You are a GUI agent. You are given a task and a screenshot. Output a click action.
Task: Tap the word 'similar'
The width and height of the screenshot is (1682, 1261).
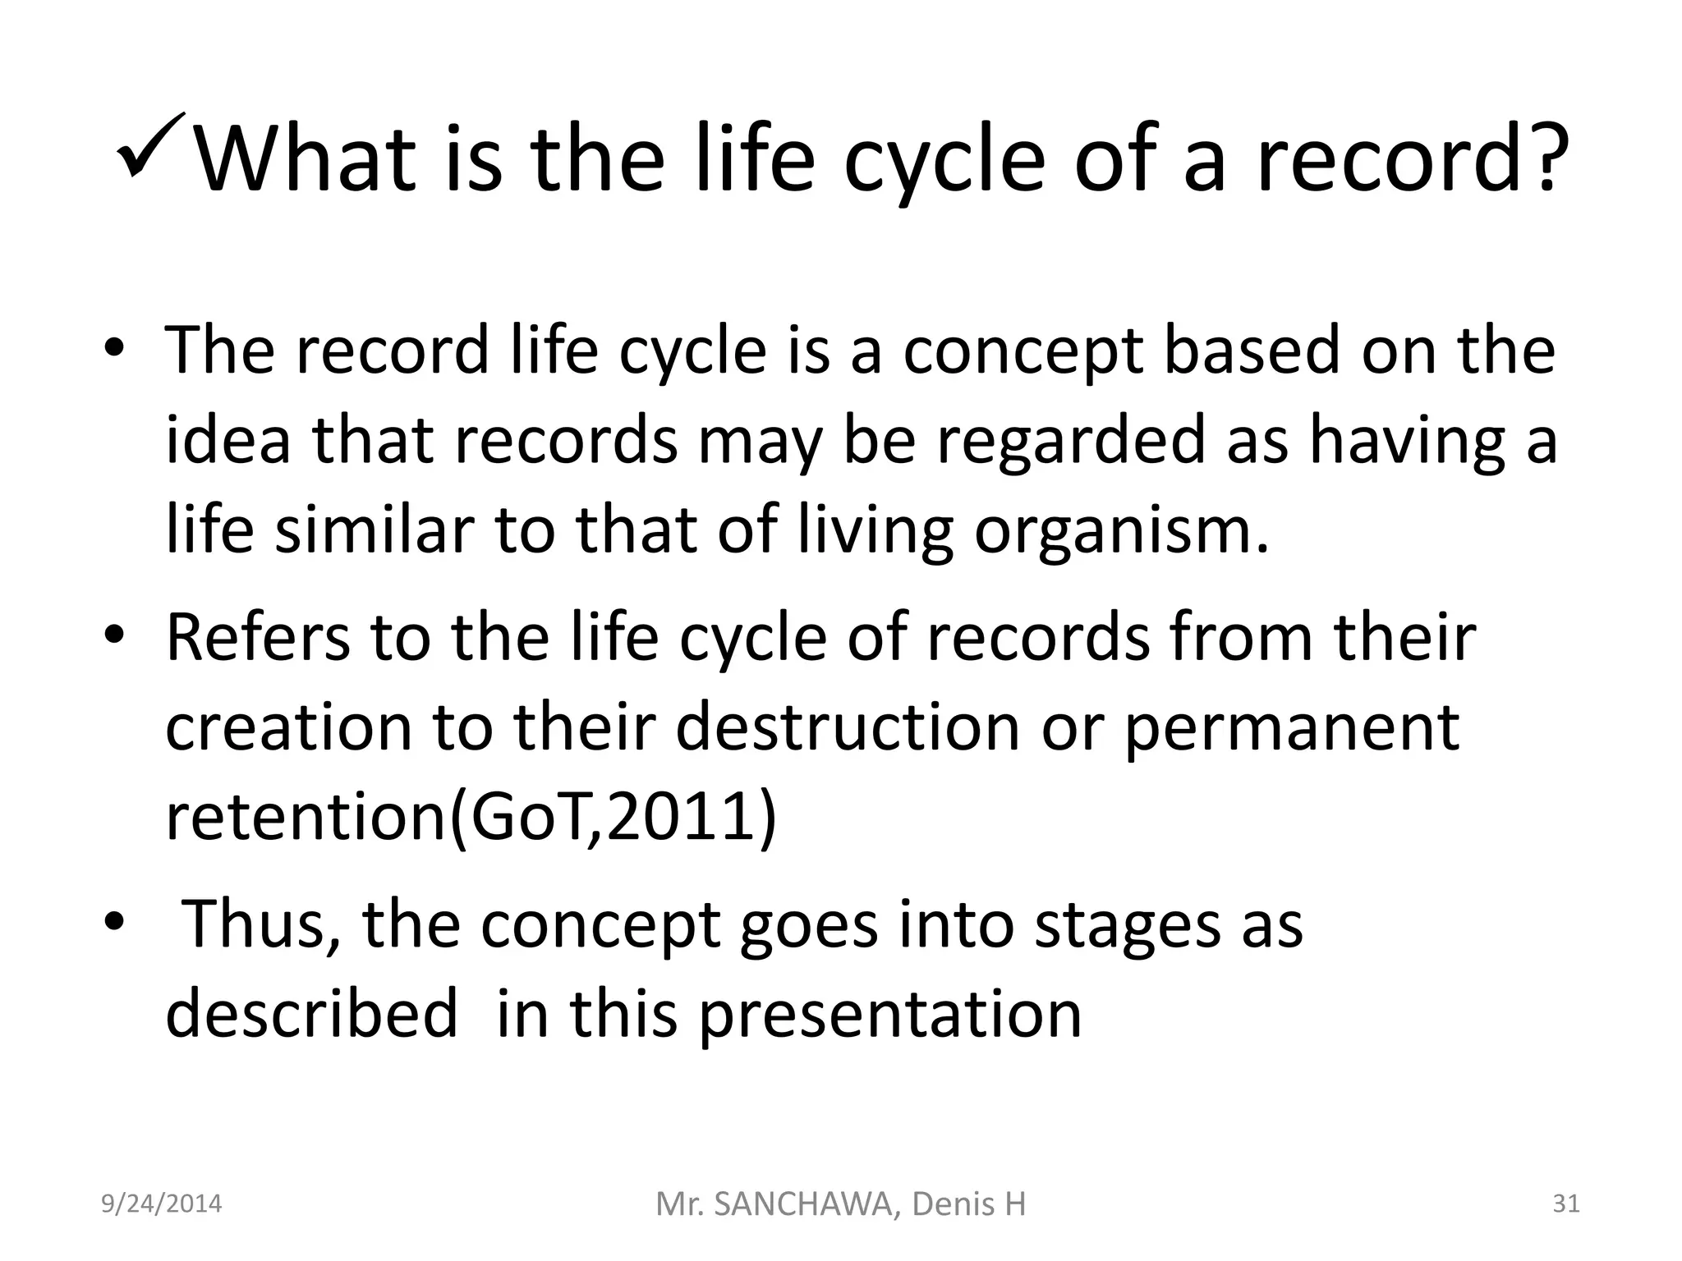pyautogui.click(x=375, y=530)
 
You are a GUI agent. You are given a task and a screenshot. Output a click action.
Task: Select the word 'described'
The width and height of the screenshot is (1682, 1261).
pyautogui.click(x=311, y=1015)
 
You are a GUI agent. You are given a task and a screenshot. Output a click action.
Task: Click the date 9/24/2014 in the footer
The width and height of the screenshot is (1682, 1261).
pyautogui.click(x=161, y=1204)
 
